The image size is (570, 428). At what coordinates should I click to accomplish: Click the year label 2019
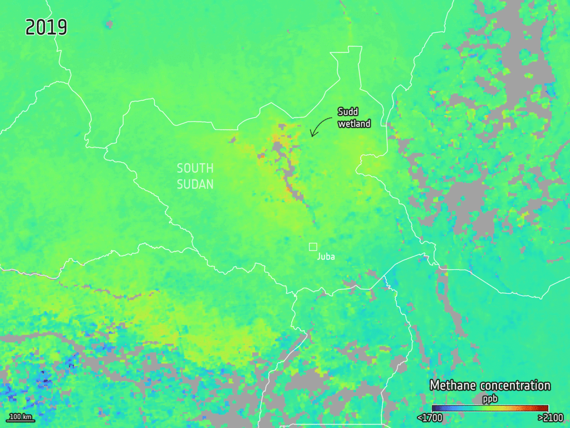click(x=46, y=27)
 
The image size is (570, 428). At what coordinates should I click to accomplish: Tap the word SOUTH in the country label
click(x=195, y=168)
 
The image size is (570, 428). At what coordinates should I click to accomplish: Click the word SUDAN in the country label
click(x=195, y=184)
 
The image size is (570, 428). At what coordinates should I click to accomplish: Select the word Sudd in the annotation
click(x=348, y=112)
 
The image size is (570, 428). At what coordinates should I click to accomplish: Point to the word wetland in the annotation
click(x=354, y=124)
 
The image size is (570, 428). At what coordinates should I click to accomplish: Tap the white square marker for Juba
click(x=313, y=246)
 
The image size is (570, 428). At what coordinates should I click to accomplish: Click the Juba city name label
click(x=326, y=257)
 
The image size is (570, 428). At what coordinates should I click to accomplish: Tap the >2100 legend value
click(x=550, y=417)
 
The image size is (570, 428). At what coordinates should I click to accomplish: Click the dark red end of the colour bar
click(x=546, y=408)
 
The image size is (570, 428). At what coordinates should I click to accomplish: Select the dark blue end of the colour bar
click(x=435, y=408)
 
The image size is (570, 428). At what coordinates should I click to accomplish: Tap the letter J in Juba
click(x=318, y=257)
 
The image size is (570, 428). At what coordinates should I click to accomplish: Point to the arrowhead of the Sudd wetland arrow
click(x=312, y=135)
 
